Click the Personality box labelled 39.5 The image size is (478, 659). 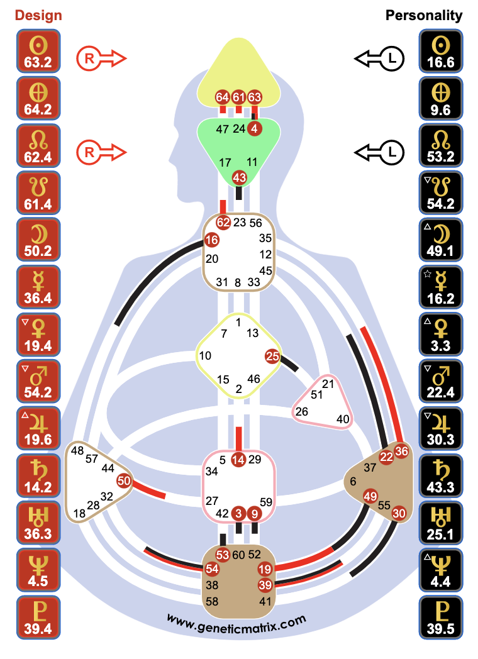point(441,617)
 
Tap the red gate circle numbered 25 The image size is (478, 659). point(272,356)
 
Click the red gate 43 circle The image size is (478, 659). point(239,178)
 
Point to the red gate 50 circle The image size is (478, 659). point(124,481)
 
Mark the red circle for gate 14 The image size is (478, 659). point(238,460)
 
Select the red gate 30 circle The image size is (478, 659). point(399,513)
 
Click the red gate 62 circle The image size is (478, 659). point(224,223)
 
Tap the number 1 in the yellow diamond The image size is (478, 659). point(238,322)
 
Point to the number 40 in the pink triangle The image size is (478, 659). point(343,419)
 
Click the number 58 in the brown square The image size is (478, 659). point(213,602)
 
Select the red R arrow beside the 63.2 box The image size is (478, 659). point(101,59)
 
